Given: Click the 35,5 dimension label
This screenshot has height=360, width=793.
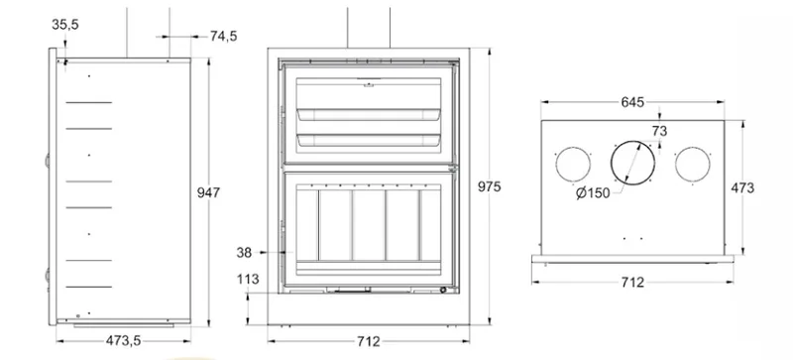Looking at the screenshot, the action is pos(65,25).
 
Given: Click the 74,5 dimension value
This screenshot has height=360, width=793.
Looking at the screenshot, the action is pos(224,37).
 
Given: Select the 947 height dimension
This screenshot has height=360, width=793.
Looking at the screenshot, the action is pos(208,193).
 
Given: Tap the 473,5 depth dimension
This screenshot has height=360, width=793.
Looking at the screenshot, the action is pos(123,341).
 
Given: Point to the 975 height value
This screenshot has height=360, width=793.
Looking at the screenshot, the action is pos(489,186).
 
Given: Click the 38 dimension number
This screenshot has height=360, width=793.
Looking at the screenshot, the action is pos(244,253).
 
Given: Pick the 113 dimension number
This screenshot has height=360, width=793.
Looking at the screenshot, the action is pos(247,280).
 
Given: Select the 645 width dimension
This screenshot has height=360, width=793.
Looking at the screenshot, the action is pos(632,102).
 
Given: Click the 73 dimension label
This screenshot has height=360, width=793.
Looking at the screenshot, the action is pos(659,131).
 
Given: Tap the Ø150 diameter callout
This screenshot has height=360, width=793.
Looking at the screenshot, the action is pos(593,193).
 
